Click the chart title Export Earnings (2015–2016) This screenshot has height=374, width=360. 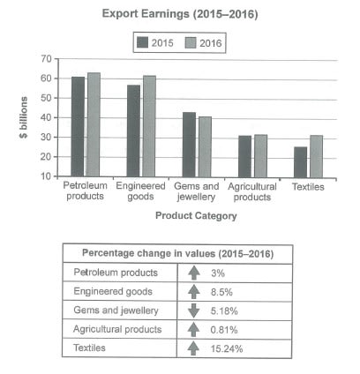180,15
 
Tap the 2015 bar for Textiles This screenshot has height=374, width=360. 301,161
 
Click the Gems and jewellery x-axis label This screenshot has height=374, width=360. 197,191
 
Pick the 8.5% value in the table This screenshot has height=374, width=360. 226,292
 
